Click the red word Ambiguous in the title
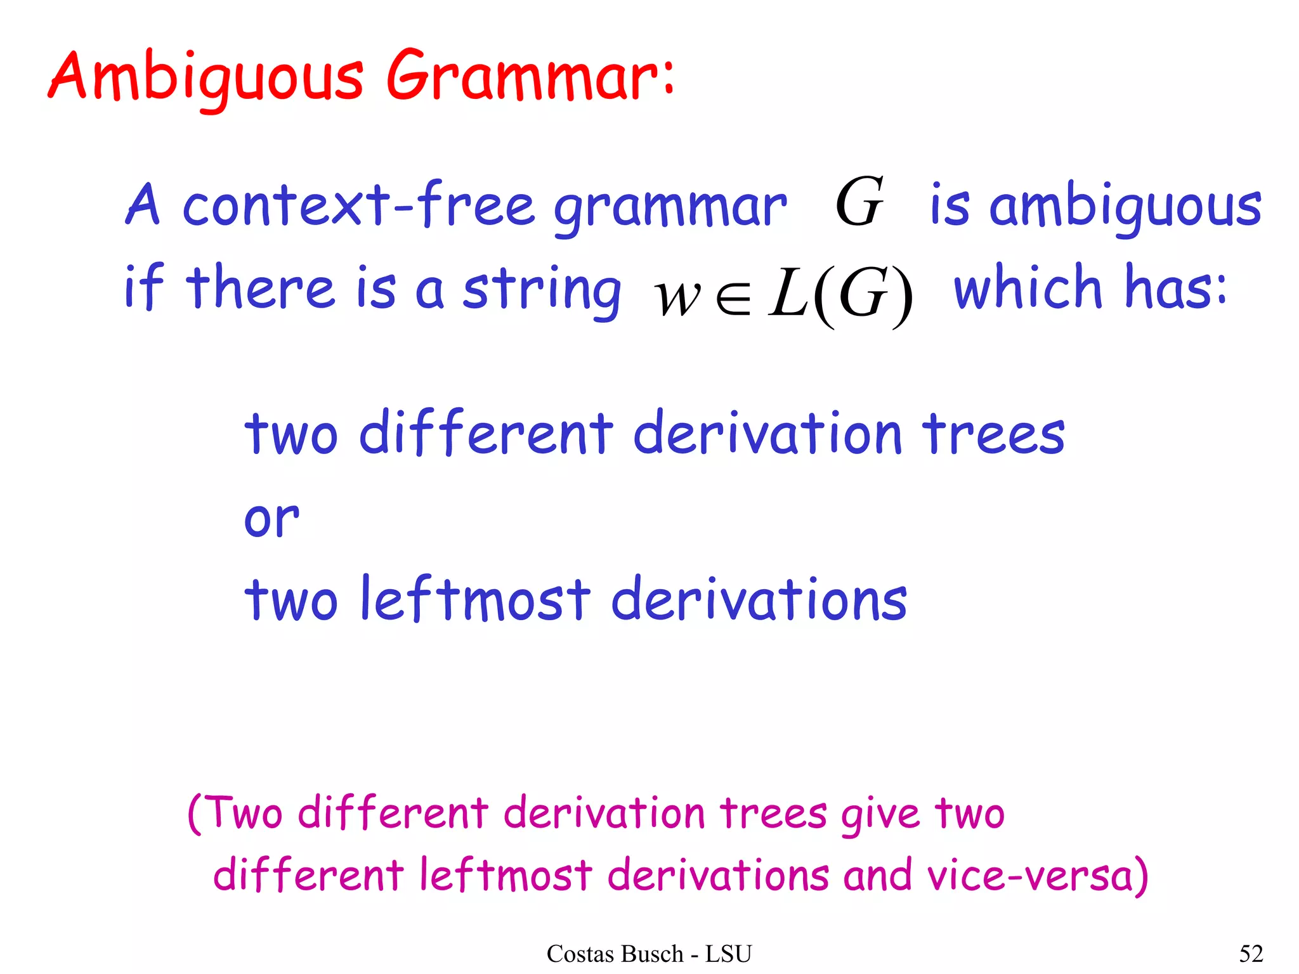pos(206,77)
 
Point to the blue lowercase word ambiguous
pos(1125,207)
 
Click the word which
pos(1028,287)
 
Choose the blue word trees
pos(993,434)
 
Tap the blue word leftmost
pos(475,599)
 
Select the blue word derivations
pos(759,599)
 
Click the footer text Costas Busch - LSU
pos(649,954)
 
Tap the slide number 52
pos(1251,954)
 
